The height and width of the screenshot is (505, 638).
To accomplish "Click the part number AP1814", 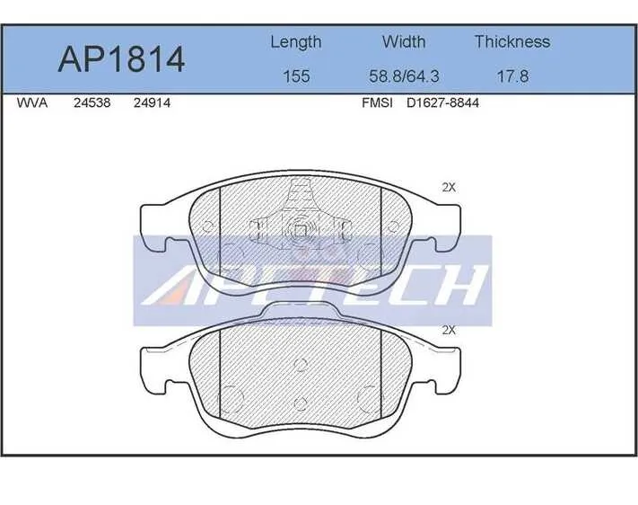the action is pos(121,59).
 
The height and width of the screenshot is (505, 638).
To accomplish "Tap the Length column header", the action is pos(296,42).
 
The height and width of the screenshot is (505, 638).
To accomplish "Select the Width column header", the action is pos(404,41).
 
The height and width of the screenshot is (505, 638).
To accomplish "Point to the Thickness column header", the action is pos(512,41).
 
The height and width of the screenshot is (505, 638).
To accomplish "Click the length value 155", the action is pos(296,76).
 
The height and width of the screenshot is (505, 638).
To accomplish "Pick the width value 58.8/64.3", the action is pos(404,76).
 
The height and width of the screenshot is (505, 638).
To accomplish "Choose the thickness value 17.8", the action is pos(512,76).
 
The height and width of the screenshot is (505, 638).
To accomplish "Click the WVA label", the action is pos(32,102).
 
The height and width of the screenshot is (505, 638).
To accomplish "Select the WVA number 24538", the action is pos(92,102).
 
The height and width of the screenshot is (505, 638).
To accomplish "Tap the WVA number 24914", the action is pos(152,102).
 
